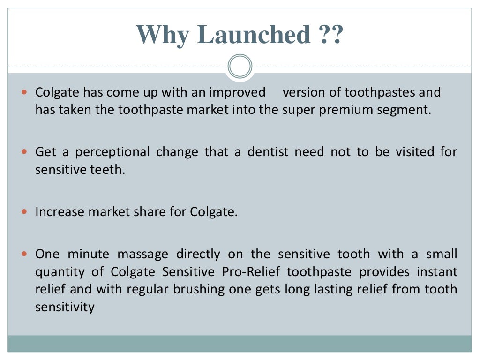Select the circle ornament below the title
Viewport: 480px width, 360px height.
pos(240,67)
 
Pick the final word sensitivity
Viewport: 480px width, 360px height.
pos(65,307)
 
